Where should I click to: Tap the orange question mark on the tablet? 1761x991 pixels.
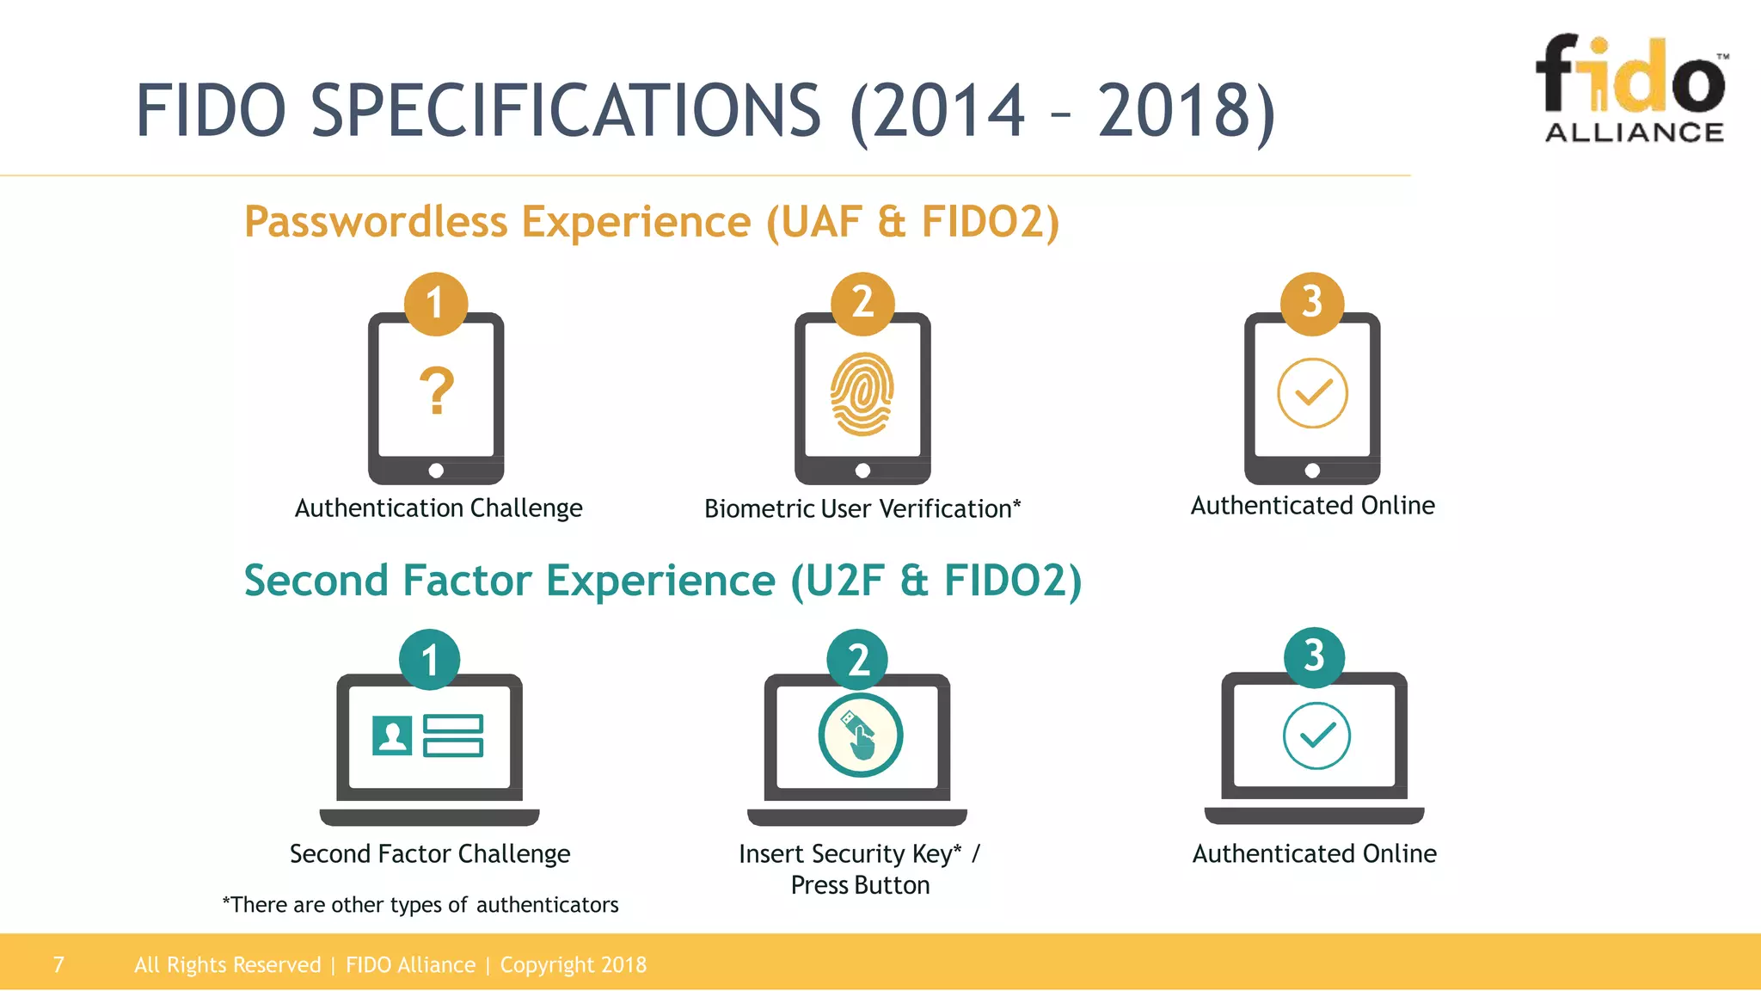(x=437, y=391)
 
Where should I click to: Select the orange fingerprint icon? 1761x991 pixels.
(x=862, y=393)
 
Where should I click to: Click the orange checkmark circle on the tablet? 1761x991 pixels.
(x=1312, y=393)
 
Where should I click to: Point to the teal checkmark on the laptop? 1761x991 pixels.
(x=1316, y=736)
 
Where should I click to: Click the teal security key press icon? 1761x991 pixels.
(x=860, y=736)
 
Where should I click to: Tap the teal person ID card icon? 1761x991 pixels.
(x=392, y=736)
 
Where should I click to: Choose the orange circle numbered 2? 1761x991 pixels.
(x=862, y=303)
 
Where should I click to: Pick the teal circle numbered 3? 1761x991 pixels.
(x=1314, y=656)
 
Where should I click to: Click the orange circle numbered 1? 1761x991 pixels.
(x=436, y=303)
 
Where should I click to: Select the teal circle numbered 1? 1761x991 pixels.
(x=430, y=660)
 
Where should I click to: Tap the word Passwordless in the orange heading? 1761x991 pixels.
(x=376, y=222)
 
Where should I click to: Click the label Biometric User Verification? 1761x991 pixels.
(x=862, y=509)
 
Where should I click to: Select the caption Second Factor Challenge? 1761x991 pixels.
(x=430, y=854)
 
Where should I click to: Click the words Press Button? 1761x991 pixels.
(x=860, y=885)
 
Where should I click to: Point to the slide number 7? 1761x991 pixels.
(x=58, y=964)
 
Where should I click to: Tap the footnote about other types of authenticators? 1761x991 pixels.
(x=420, y=905)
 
